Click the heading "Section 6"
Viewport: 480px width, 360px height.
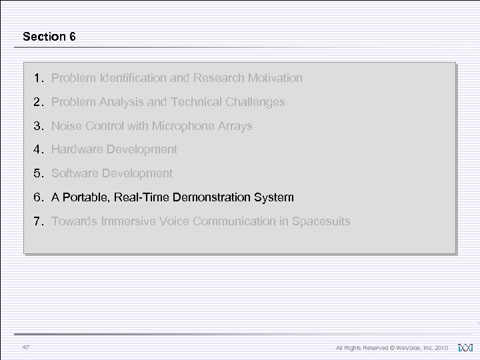pyautogui.click(x=49, y=37)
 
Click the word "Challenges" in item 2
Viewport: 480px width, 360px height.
pyautogui.click(x=255, y=102)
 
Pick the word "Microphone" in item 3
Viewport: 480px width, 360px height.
pyautogui.click(x=181, y=126)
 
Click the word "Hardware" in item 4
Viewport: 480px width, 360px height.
pyautogui.click(x=76, y=149)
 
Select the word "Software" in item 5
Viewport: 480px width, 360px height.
pyautogui.click(x=75, y=173)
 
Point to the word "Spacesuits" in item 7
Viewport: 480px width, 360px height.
pyautogui.click(x=319, y=221)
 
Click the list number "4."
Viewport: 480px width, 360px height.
pyautogui.click(x=39, y=149)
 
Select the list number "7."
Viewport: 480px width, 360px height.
pyautogui.click(x=39, y=221)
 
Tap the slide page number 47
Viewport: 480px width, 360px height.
pyautogui.click(x=26, y=347)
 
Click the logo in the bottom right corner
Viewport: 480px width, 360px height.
pyautogui.click(x=466, y=347)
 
